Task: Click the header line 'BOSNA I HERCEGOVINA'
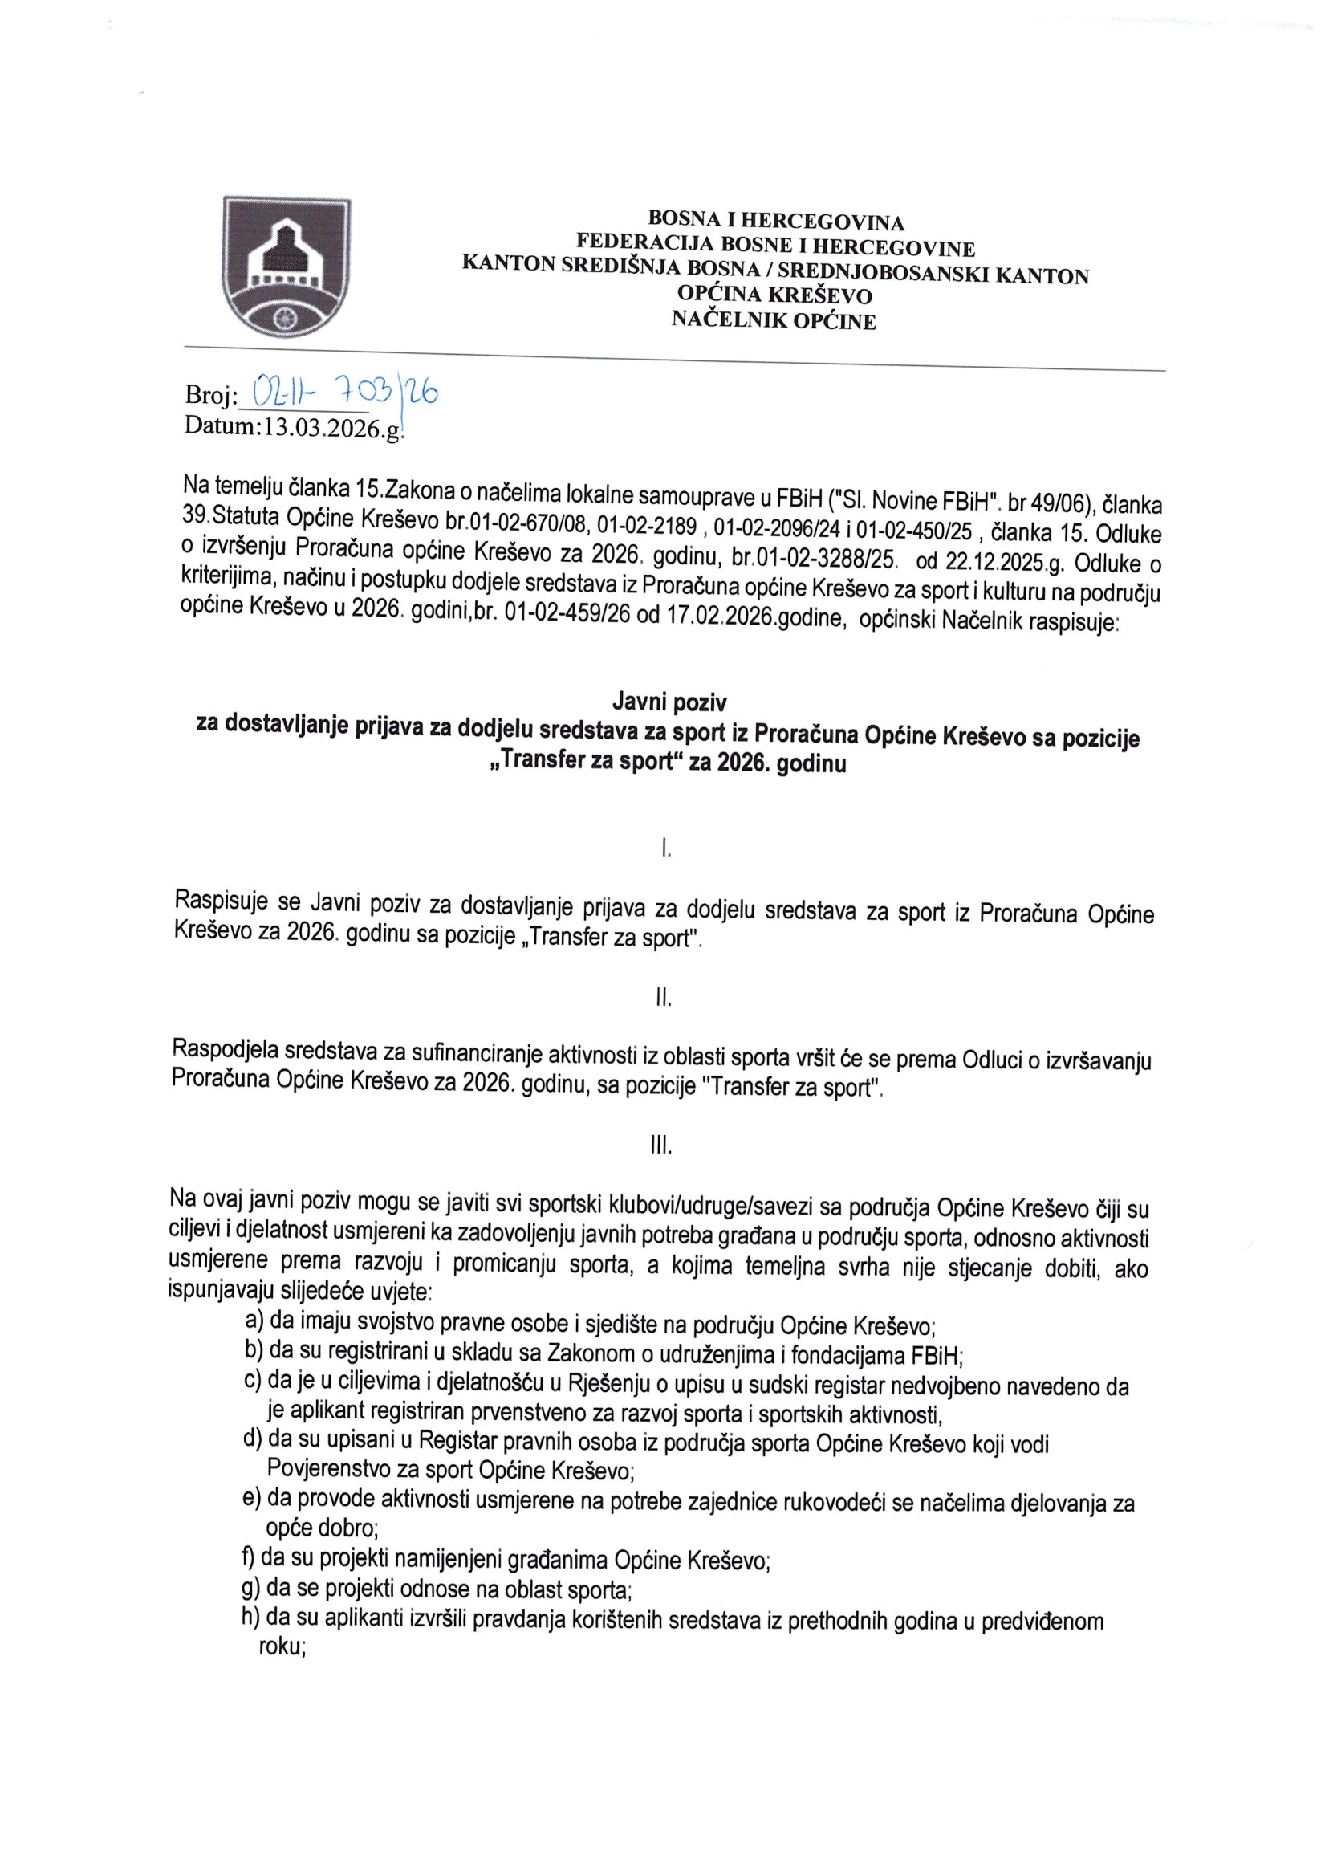pyautogui.click(x=776, y=221)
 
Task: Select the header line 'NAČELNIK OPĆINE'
pyautogui.click(x=774, y=321)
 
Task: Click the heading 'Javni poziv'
pyautogui.click(x=669, y=702)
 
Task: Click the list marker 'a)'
pyautogui.click(x=254, y=1321)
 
